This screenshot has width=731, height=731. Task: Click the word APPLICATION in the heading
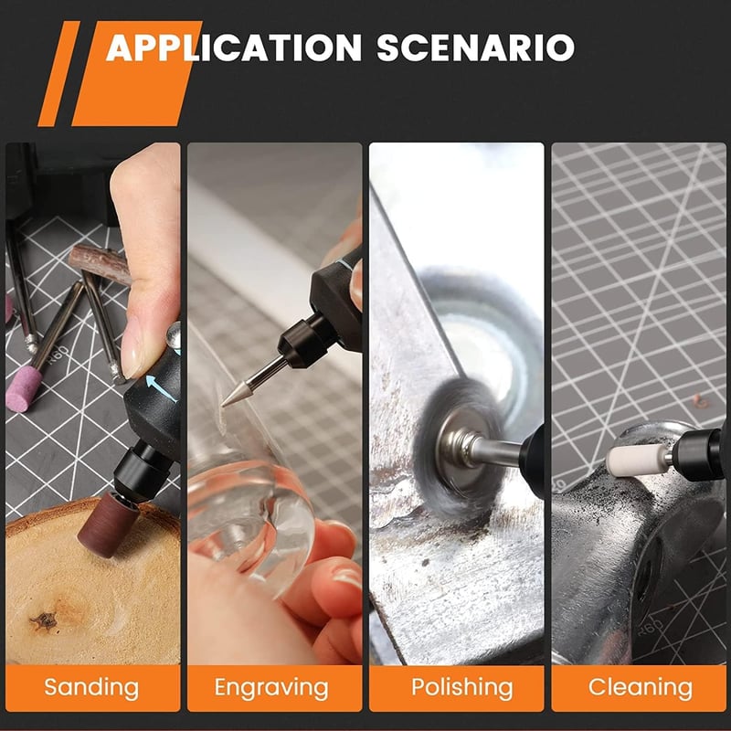pos(234,48)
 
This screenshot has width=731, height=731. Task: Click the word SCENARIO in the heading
pos(475,48)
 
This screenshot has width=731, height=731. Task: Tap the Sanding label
pos(92,687)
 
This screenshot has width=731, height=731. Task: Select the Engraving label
pos(271,687)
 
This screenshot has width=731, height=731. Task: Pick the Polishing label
pos(462,687)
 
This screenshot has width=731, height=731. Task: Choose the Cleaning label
pos(641,687)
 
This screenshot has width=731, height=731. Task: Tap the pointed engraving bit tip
pos(223,404)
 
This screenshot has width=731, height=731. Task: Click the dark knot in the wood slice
pos(44,620)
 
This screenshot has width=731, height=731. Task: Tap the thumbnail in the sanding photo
pos(132,346)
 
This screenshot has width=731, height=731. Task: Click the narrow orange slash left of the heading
pos(58,73)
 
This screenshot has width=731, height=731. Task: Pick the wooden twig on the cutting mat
pos(101,264)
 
